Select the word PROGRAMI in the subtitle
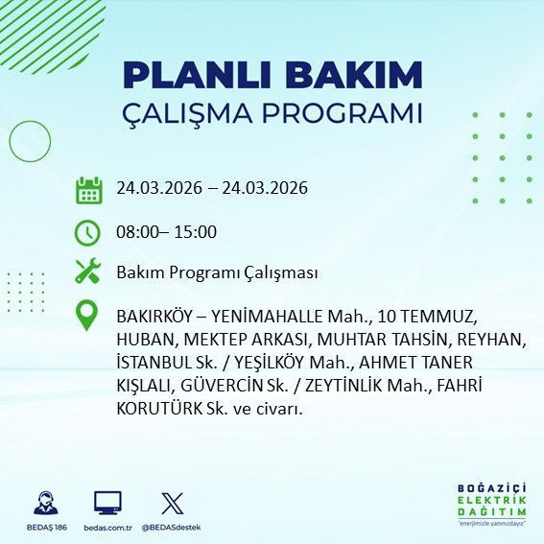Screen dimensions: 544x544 coord(348,113)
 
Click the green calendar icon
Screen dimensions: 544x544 coord(88,189)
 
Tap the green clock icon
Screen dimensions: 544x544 coord(88,232)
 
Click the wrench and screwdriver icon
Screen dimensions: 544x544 coord(88,272)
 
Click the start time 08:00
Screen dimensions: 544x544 coord(137,231)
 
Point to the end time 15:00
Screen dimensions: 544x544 coord(198,231)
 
